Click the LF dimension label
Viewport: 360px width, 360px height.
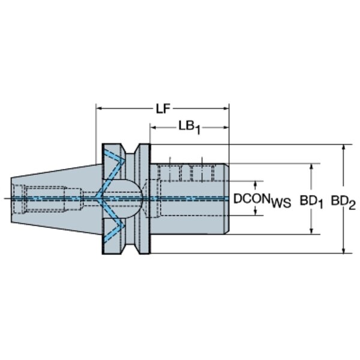click(x=163, y=109)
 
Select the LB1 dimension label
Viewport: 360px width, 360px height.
click(x=190, y=127)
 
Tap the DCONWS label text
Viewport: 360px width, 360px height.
click(x=262, y=200)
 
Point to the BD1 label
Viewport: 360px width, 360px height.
click(x=311, y=202)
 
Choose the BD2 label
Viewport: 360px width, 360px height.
click(x=343, y=203)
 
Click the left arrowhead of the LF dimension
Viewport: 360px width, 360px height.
click(x=99, y=109)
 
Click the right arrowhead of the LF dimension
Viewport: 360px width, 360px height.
click(x=226, y=109)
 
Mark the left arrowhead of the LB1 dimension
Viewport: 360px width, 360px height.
click(x=154, y=127)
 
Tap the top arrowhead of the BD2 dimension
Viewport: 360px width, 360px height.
click(x=343, y=148)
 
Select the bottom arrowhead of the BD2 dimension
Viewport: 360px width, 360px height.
click(x=343, y=250)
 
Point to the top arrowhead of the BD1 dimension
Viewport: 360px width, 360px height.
click(x=311, y=167)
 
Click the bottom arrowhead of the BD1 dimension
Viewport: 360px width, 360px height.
click(x=311, y=231)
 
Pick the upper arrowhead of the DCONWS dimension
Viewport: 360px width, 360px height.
click(x=256, y=184)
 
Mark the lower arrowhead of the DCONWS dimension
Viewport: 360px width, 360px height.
click(x=256, y=212)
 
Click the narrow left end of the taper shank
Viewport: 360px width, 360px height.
click(x=11, y=200)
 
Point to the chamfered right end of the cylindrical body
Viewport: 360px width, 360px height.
click(x=226, y=199)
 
